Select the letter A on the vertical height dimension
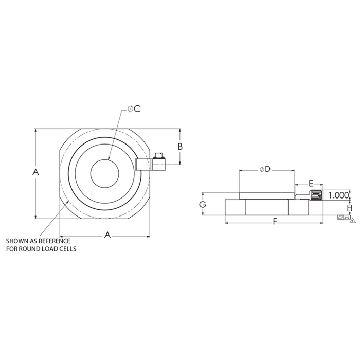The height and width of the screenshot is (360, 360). click(35, 172)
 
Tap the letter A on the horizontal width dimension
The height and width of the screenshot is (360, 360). click(107, 235)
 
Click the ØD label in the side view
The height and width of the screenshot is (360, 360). click(265, 170)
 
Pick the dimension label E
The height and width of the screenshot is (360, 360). click(311, 184)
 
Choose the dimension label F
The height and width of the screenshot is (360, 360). click(275, 222)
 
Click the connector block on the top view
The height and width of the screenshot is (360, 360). click(150, 165)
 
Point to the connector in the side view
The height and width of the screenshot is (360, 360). click(316, 195)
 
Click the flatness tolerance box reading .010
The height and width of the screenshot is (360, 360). click(343, 218)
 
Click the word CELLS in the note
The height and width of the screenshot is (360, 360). click(66, 249)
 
